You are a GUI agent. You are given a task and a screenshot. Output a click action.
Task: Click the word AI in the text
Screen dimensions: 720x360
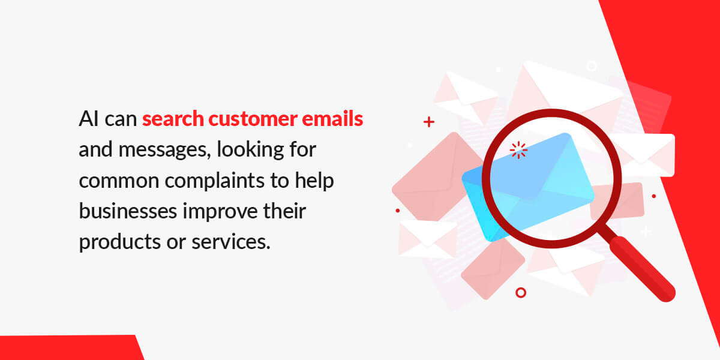click(x=88, y=119)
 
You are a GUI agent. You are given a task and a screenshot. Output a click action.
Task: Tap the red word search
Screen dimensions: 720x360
click(x=173, y=119)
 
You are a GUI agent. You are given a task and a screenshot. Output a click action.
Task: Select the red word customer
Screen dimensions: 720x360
click(x=253, y=119)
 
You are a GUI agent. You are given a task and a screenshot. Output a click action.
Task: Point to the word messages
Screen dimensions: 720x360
click(x=164, y=150)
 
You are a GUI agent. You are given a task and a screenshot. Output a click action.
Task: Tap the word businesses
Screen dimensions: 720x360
click(x=128, y=211)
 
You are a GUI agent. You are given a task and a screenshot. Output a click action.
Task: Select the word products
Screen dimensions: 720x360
click(x=119, y=242)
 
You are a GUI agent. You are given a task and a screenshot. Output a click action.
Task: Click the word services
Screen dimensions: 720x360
click(x=231, y=242)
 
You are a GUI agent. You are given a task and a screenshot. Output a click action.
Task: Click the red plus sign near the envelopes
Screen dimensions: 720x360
click(x=429, y=122)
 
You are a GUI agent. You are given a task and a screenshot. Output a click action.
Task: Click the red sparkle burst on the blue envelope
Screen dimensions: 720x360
click(x=518, y=150)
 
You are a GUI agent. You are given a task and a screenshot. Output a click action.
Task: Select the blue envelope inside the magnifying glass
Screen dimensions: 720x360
click(x=528, y=187)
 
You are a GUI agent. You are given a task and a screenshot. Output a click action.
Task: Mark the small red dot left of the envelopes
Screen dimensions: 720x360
click(x=398, y=211)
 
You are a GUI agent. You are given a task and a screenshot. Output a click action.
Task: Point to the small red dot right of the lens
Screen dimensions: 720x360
click(x=654, y=196)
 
